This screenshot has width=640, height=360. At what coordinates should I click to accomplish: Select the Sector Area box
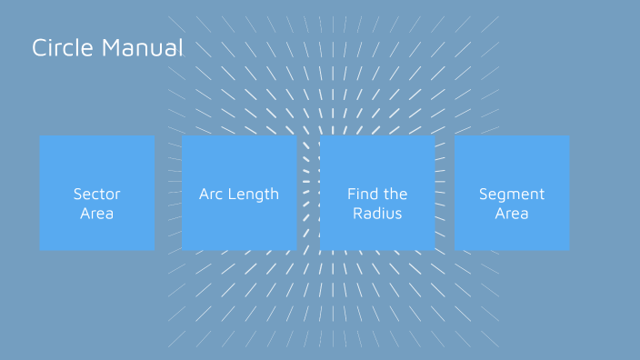97,193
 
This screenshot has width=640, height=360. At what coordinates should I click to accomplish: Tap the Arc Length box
239,193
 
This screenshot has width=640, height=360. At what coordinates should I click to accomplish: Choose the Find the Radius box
377,193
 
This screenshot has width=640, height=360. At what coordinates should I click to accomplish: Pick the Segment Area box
512,193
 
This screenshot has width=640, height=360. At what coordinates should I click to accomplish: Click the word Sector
97,194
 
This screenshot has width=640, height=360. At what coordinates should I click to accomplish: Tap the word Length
254,194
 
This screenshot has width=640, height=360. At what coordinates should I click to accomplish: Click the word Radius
377,215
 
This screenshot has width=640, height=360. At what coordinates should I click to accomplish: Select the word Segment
512,194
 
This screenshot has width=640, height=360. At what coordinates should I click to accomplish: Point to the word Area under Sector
97,215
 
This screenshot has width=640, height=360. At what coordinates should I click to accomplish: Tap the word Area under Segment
512,215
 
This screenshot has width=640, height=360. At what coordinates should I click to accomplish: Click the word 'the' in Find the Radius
395,194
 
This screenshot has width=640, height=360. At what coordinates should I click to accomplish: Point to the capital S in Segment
484,194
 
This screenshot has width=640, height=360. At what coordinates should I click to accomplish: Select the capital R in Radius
357,215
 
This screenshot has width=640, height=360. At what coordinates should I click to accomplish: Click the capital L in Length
231,194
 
